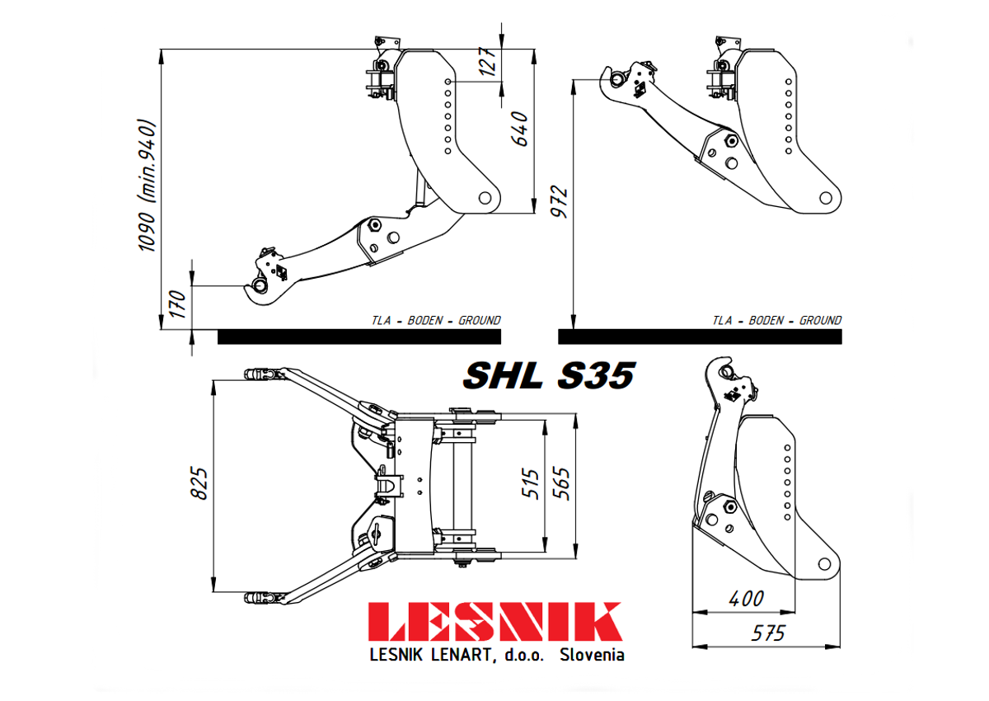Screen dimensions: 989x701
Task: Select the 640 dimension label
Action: (x=520, y=129)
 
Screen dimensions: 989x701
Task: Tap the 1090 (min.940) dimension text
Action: (x=147, y=186)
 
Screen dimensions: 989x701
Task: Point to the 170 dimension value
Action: (x=178, y=303)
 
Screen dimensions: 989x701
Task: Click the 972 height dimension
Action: (x=559, y=201)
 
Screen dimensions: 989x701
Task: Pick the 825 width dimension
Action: (x=199, y=483)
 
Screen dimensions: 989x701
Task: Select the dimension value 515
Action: (x=531, y=484)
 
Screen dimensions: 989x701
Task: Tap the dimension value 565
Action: (x=561, y=483)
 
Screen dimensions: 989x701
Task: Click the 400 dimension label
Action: (x=746, y=600)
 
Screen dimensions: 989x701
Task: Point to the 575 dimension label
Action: (x=768, y=633)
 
